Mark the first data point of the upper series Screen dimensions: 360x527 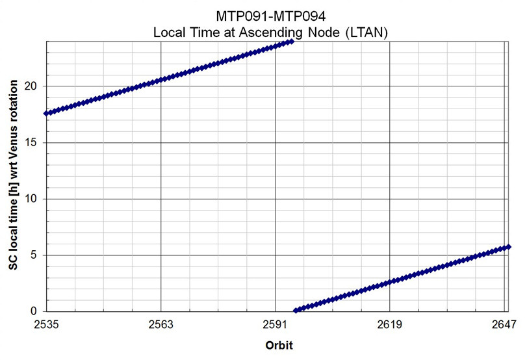pyautogui.click(x=46, y=113)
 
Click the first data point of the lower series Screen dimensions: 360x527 pyautogui.click(x=296, y=311)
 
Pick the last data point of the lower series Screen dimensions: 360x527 pyautogui.click(x=508, y=247)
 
